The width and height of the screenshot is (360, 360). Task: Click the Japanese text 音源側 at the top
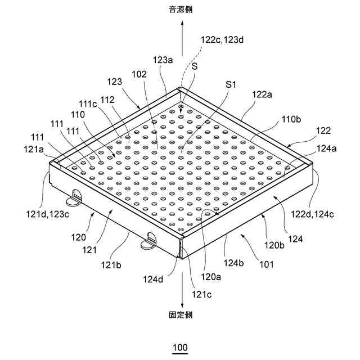(x=181, y=10)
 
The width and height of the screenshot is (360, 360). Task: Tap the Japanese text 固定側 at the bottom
(x=181, y=315)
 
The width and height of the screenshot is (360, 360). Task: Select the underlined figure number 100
(x=181, y=348)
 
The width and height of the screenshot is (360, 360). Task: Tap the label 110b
(x=291, y=119)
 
